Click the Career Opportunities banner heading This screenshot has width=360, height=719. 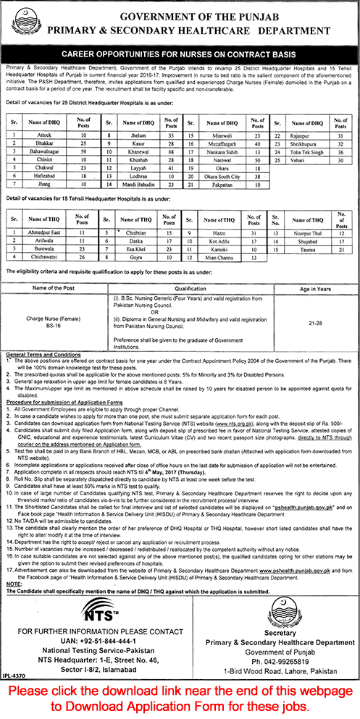pyautogui.click(x=180, y=53)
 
